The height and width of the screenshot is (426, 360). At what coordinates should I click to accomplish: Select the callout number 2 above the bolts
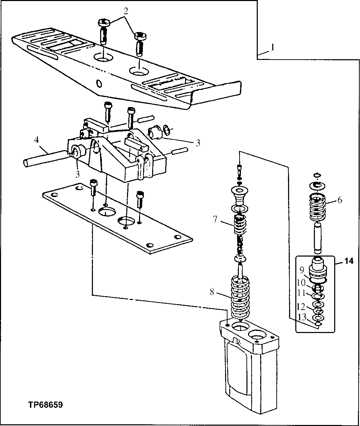[126, 11]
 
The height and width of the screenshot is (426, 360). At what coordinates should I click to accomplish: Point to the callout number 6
[340, 200]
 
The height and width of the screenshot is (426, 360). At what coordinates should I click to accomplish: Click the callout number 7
[215, 219]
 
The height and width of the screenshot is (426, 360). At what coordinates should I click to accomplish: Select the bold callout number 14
[348, 261]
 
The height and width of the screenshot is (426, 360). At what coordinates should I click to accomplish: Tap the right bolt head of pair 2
[140, 35]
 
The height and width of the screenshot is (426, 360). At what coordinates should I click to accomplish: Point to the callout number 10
[301, 282]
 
